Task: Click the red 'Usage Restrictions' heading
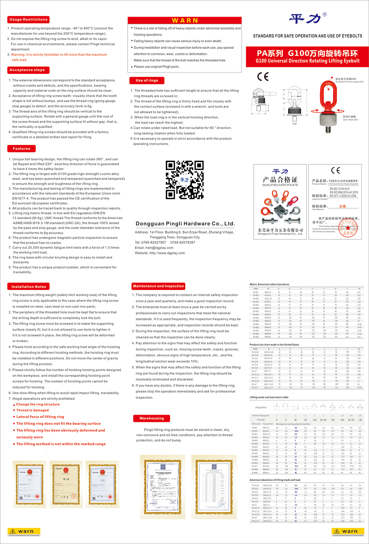tap(28, 19)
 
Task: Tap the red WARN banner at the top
tap(185, 21)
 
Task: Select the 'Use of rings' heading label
tap(147, 81)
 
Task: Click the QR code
tap(185, 180)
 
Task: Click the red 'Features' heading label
tap(22, 149)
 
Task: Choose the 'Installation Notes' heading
tap(29, 287)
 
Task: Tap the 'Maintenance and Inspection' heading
tap(158, 286)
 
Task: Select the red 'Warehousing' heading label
tap(152, 418)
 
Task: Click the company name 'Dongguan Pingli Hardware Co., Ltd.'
tap(185, 224)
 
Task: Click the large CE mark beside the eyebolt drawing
tap(263, 77)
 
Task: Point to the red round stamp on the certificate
tap(348, 228)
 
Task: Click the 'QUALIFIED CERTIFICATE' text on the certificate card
tap(280, 185)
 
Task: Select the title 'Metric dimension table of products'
tap(269, 284)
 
